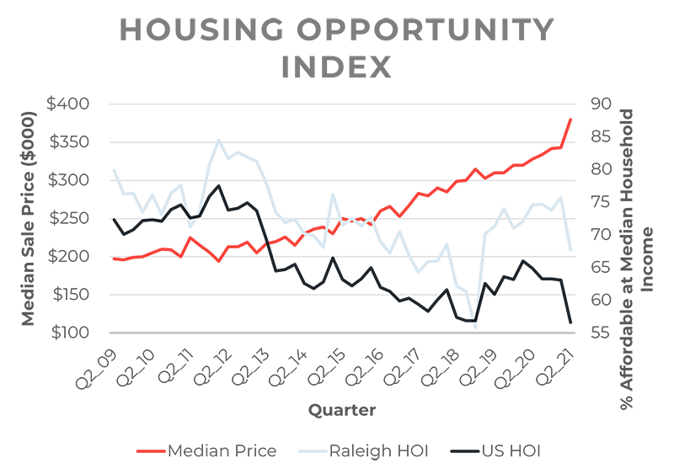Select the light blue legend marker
(304, 447)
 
